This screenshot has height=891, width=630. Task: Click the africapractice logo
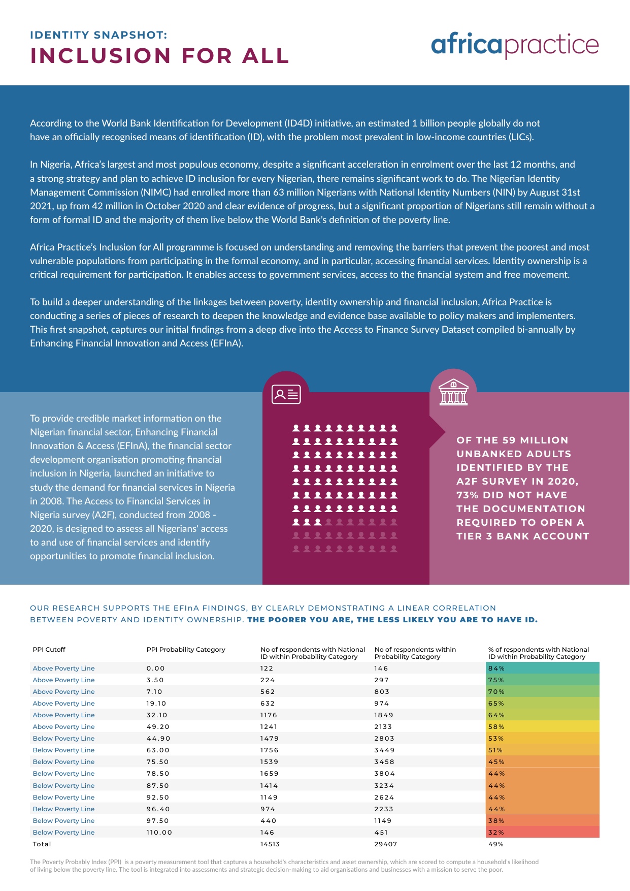tap(515, 45)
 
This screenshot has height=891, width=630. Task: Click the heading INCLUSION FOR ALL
tap(160, 56)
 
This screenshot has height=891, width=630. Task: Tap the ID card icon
tap(286, 395)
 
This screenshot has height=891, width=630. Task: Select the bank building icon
tap(453, 392)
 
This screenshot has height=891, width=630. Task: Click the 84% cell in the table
tap(543, 668)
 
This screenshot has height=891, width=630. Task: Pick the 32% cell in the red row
tap(543, 832)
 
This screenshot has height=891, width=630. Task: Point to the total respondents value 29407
tap(386, 844)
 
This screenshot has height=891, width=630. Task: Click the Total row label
tap(42, 844)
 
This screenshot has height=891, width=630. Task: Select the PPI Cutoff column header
tap(49, 649)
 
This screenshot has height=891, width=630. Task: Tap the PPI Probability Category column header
tap(186, 649)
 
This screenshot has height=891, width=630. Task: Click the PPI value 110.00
tap(159, 832)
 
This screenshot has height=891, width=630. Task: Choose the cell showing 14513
tap(270, 844)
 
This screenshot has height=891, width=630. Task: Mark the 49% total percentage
tap(496, 844)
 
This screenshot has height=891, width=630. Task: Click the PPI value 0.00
tap(156, 668)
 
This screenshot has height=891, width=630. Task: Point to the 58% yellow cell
tap(543, 726)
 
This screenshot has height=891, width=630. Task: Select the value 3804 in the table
tap(385, 773)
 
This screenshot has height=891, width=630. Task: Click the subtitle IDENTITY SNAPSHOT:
tap(98, 35)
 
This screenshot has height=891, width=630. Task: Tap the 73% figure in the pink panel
tap(468, 495)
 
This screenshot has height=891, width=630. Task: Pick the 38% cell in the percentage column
tap(543, 820)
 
